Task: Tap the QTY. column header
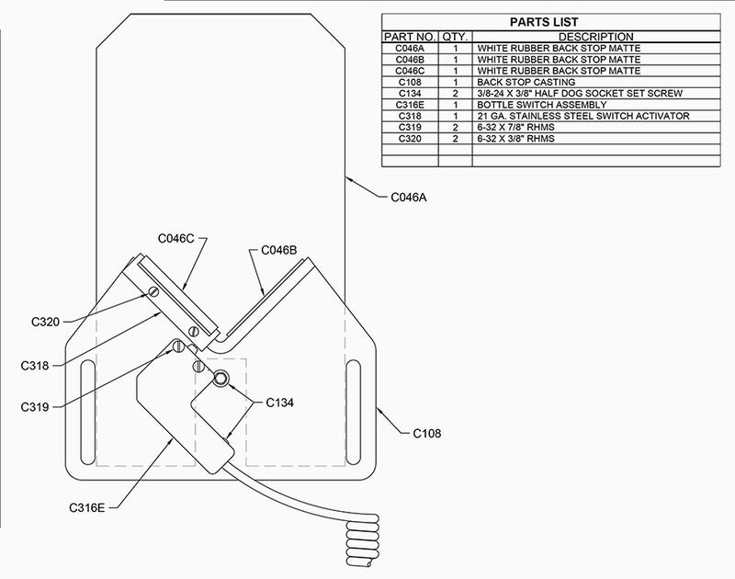[455, 37]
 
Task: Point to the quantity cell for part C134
[455, 94]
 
